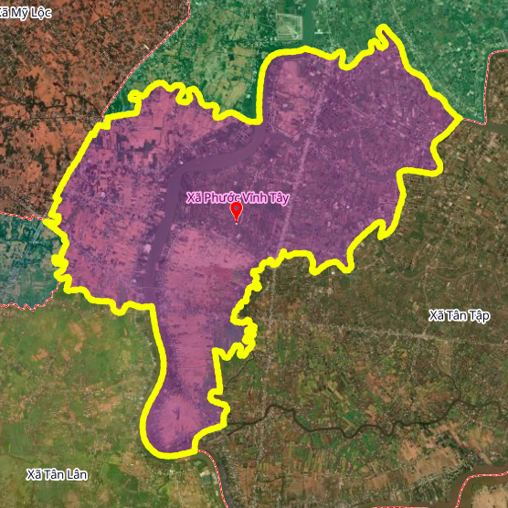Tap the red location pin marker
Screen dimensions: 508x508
[x=237, y=212]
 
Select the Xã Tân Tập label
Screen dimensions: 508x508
[x=459, y=316]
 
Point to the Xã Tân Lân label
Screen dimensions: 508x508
[x=57, y=474]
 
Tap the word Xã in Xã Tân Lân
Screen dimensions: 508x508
[x=34, y=474]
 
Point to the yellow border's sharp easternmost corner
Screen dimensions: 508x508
[x=459, y=118]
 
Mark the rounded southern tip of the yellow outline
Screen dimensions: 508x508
[x=169, y=450]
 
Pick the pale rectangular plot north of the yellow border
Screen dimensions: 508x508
[x=291, y=27]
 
